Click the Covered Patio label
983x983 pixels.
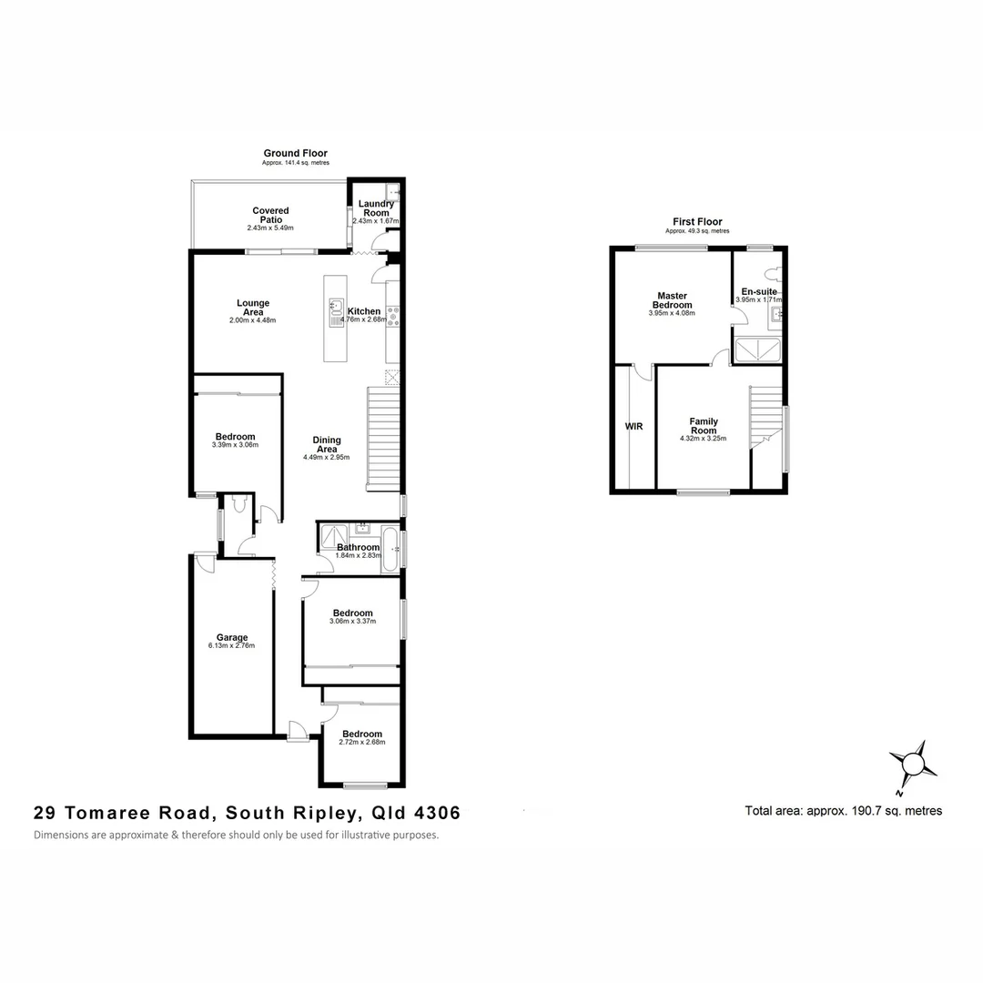click(x=270, y=215)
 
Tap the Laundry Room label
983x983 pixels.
click(x=376, y=208)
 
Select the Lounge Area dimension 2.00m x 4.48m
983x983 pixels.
click(x=252, y=320)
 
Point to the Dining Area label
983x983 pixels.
click(x=326, y=443)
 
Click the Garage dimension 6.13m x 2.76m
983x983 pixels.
click(x=231, y=646)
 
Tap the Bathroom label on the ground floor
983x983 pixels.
click(x=358, y=547)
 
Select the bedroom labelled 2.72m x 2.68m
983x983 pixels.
click(x=361, y=734)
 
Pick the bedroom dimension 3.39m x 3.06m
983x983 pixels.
click(x=235, y=445)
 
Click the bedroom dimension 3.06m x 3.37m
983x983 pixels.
click(x=352, y=622)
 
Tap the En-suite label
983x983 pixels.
click(x=758, y=291)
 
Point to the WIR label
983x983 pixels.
click(x=633, y=425)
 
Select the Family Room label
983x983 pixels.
click(x=703, y=426)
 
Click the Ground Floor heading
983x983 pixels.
click(x=295, y=153)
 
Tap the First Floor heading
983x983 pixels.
click(x=697, y=221)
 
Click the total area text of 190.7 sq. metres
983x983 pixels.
click(x=843, y=810)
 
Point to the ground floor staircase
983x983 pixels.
click(x=383, y=439)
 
